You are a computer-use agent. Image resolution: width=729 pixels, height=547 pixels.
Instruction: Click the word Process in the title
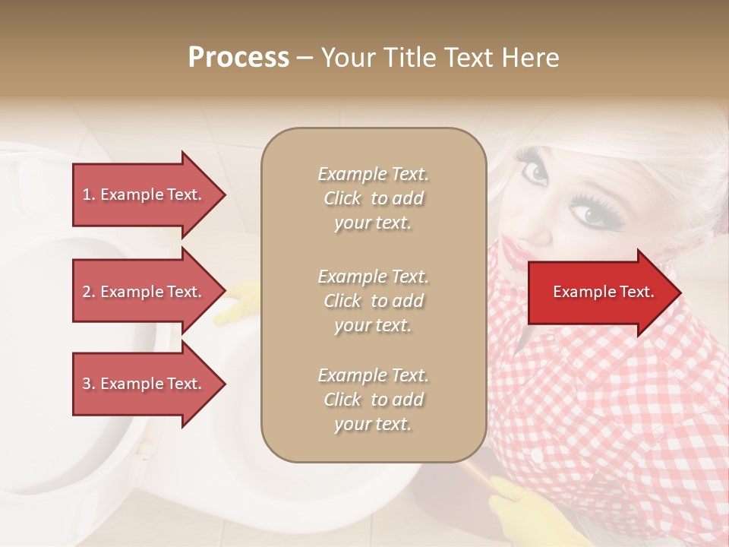coord(238,58)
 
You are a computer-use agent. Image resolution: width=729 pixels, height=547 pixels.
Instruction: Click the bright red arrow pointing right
coord(604,292)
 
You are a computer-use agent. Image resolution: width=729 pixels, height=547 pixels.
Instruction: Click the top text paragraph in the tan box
coord(374,198)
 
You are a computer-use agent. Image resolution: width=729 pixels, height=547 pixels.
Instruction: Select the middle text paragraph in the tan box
coord(374,301)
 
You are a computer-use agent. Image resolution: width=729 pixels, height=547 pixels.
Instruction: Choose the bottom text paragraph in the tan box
coord(374,400)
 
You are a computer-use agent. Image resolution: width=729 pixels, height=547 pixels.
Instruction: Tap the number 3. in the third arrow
coord(89,384)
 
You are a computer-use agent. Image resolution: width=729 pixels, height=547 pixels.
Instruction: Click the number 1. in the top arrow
coord(89,195)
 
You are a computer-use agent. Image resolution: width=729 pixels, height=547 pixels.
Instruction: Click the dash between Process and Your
coord(305,58)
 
